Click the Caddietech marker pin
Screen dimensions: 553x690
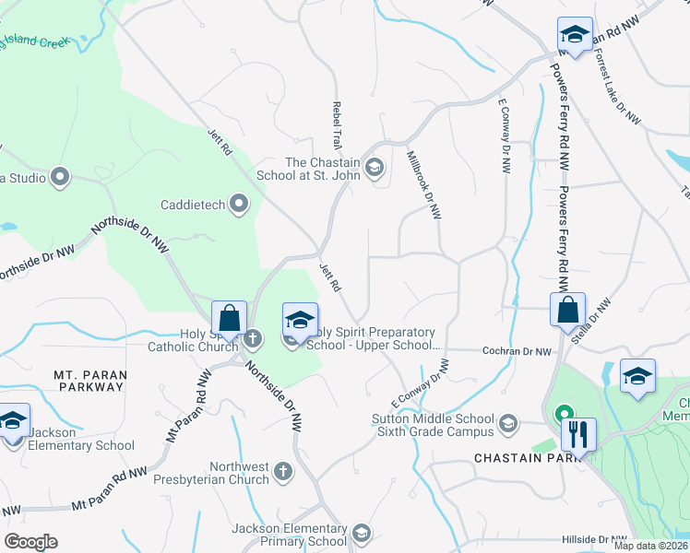(x=240, y=204)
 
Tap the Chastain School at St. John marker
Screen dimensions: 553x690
(x=375, y=167)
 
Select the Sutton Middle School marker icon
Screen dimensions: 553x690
(x=506, y=424)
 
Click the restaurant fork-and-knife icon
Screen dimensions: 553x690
(x=578, y=432)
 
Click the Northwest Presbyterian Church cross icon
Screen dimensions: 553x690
(x=283, y=471)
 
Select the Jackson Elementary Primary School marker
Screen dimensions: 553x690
(x=362, y=532)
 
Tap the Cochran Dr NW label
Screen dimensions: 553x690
(x=517, y=351)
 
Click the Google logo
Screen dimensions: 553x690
(x=30, y=541)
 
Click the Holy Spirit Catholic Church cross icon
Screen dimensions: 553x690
(x=252, y=337)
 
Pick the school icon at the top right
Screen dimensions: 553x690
(x=575, y=36)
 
